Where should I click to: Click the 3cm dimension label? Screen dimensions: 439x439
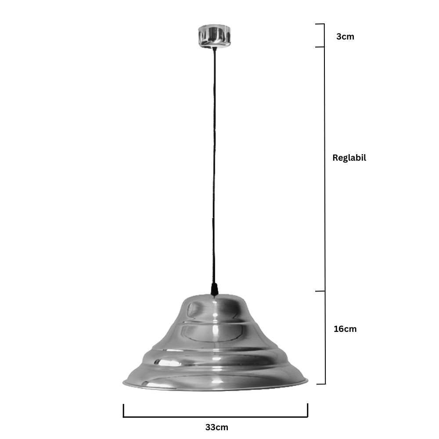345,37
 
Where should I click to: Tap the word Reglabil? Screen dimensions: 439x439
349,158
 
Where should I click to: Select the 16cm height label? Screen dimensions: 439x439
345,329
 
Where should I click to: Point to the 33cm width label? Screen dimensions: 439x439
217,427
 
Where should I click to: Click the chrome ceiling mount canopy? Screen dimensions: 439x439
215,36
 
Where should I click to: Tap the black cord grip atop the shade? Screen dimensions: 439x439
215,289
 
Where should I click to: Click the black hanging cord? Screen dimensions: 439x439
214,165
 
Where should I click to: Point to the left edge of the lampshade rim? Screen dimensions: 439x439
124,382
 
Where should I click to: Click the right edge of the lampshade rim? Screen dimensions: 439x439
307,381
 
